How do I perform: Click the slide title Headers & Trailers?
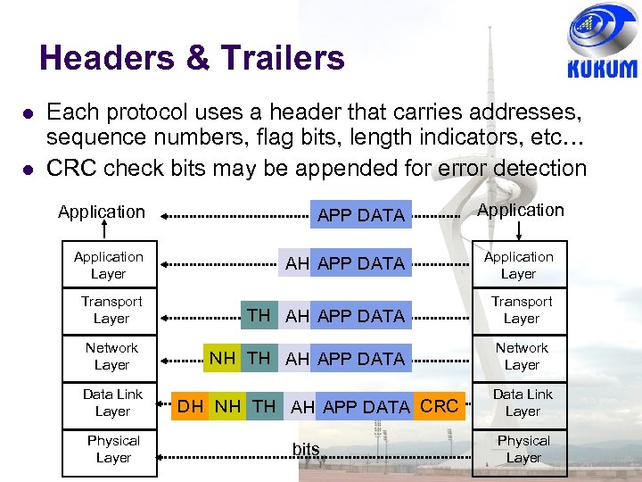click(x=192, y=58)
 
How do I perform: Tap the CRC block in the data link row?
click(x=439, y=406)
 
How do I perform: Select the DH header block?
click(x=191, y=406)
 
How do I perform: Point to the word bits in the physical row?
click(x=306, y=449)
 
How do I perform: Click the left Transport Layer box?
click(x=111, y=310)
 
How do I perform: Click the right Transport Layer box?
click(x=522, y=310)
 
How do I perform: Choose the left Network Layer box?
click(x=111, y=356)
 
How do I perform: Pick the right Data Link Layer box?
click(x=523, y=403)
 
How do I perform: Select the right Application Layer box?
click(x=519, y=265)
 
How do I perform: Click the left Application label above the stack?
click(x=102, y=212)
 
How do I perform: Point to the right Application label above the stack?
click(x=522, y=210)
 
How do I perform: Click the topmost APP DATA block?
click(x=361, y=215)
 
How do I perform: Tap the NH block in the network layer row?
click(x=222, y=358)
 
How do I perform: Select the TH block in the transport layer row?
click(x=259, y=314)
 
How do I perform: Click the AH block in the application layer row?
click(x=297, y=263)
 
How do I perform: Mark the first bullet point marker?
click(x=29, y=112)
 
